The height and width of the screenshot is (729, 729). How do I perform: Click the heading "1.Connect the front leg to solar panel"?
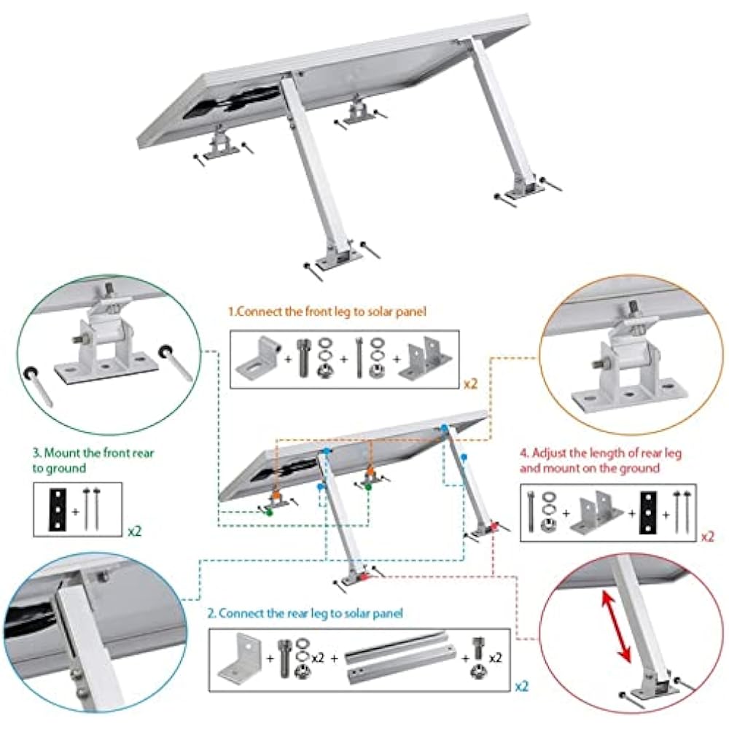(327, 311)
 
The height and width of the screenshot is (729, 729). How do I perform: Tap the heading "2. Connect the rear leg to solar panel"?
(305, 613)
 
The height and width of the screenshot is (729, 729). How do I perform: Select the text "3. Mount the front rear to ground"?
(93, 460)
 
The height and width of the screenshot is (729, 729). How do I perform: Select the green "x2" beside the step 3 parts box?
(134, 531)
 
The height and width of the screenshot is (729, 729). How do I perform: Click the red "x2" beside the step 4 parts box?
(706, 536)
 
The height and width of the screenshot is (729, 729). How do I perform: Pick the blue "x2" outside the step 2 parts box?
(522, 686)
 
